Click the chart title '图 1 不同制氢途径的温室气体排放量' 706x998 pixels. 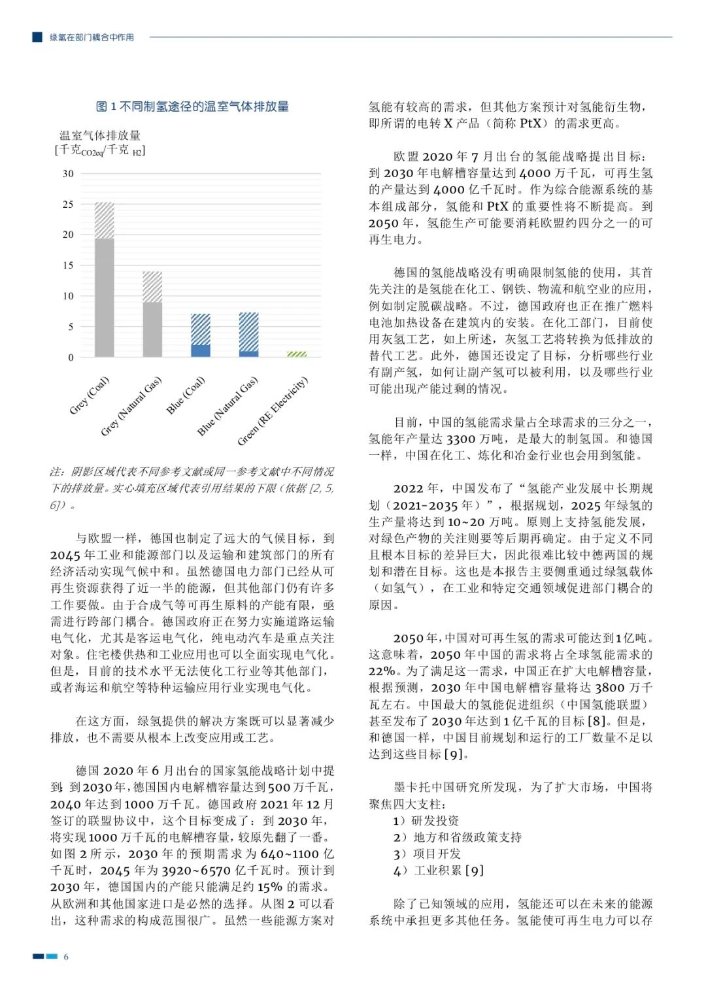[192, 107]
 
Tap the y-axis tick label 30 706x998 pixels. [68, 174]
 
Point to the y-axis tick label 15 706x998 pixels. [68, 265]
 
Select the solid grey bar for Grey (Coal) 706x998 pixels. [105, 297]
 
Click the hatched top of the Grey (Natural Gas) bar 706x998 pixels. [152, 287]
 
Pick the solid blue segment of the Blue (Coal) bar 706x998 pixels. [201, 350]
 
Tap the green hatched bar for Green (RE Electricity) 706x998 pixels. [297, 354]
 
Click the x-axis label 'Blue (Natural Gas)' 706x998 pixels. [227, 407]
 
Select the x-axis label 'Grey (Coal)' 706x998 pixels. [90, 395]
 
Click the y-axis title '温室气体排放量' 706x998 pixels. [100, 136]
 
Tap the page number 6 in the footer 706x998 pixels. [66, 957]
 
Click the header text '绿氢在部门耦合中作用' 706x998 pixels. [92, 37]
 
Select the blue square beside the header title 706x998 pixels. [37, 37]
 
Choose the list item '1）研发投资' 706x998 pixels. [426, 820]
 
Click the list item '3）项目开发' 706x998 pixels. [427, 854]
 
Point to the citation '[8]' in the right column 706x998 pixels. [597, 721]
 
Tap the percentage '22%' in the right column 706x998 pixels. [382, 671]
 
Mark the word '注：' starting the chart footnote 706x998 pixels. [58, 472]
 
